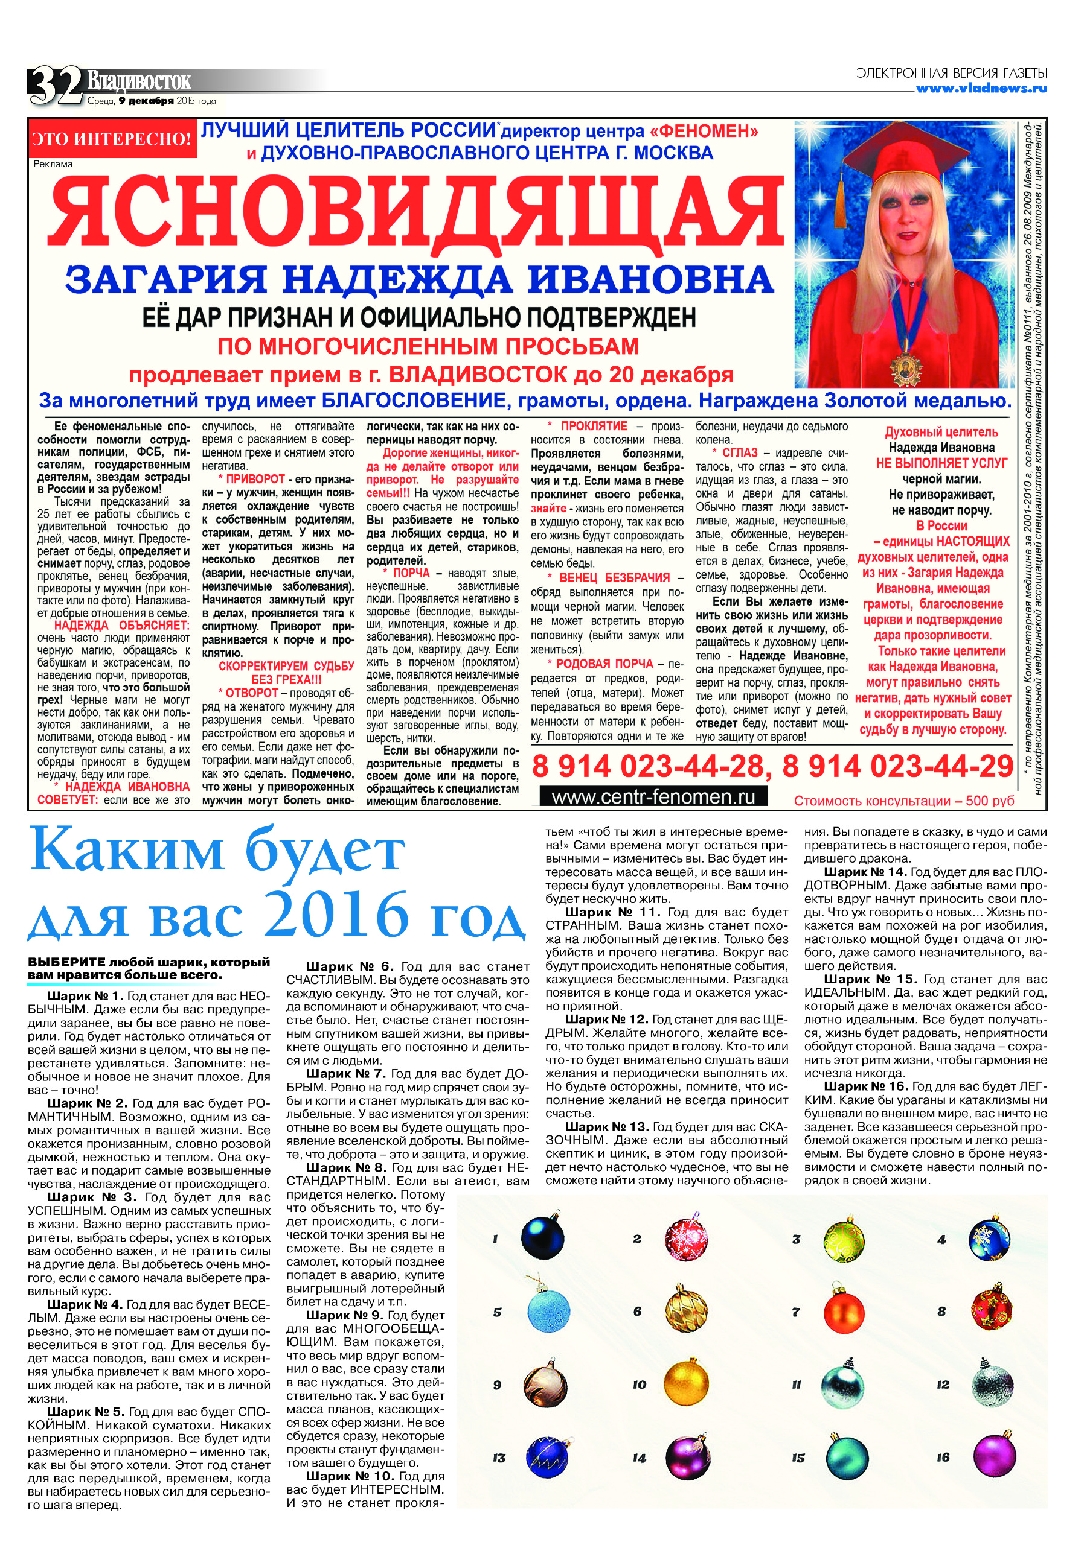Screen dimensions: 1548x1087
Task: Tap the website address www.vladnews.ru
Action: coord(981,88)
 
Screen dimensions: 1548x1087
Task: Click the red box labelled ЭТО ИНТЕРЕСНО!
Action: coord(112,139)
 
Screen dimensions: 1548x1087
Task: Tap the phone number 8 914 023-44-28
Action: coord(648,767)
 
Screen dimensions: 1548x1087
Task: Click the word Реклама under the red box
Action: coord(53,164)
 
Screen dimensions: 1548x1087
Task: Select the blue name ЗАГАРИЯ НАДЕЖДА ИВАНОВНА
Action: coord(419,279)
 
